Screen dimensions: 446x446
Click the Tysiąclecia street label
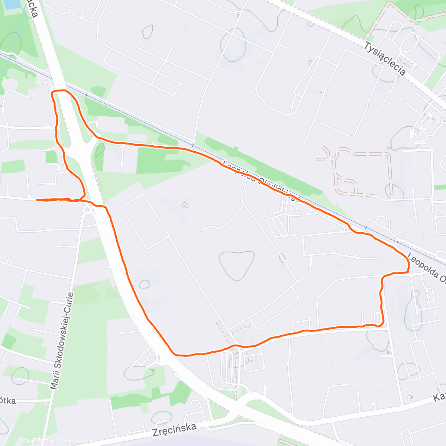(384, 59)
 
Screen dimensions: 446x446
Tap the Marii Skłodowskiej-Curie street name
(62, 341)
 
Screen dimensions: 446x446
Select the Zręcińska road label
(174, 430)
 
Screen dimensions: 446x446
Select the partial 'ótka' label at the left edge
(7, 401)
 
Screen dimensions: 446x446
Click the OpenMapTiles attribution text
(39, 442)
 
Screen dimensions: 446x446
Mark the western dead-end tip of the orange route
(36, 200)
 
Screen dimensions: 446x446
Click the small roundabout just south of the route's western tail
(88, 210)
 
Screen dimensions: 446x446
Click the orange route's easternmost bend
(408, 265)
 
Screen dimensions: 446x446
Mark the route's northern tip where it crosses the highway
(59, 90)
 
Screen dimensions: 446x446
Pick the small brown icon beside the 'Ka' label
(410, 397)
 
